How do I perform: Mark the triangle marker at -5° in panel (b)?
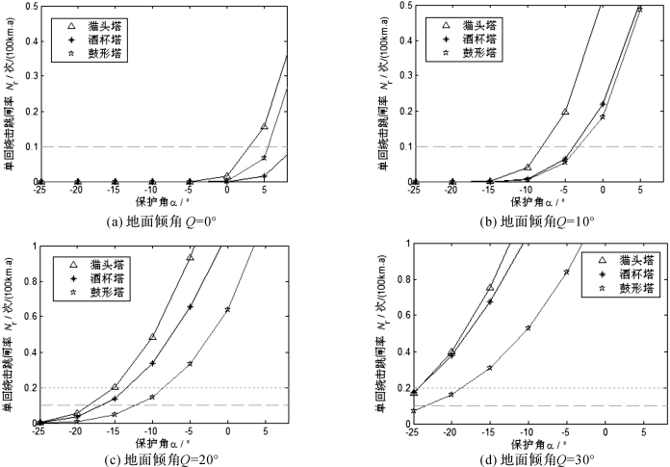(x=565, y=112)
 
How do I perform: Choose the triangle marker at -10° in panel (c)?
(x=152, y=337)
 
